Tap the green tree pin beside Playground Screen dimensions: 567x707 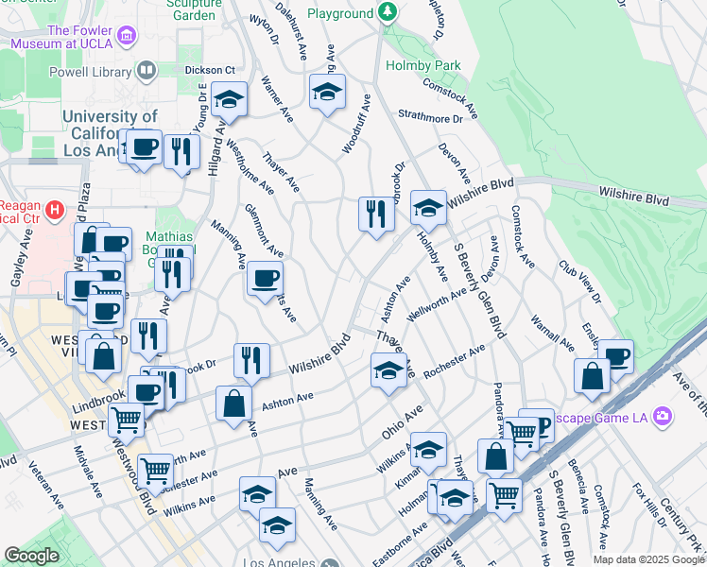pyautogui.click(x=387, y=13)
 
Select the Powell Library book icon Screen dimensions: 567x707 pyautogui.click(x=147, y=69)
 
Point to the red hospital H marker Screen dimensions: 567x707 pyautogui.click(x=55, y=209)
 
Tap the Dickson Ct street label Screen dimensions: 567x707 pyautogui.click(x=210, y=70)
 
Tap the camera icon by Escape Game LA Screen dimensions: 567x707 pyautogui.click(x=662, y=415)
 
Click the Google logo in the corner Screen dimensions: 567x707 pyautogui.click(x=30, y=556)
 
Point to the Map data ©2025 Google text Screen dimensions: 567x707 pyautogui.click(x=649, y=559)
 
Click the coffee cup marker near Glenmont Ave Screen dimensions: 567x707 pyautogui.click(x=265, y=279)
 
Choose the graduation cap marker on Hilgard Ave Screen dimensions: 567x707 pyautogui.click(x=228, y=99)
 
